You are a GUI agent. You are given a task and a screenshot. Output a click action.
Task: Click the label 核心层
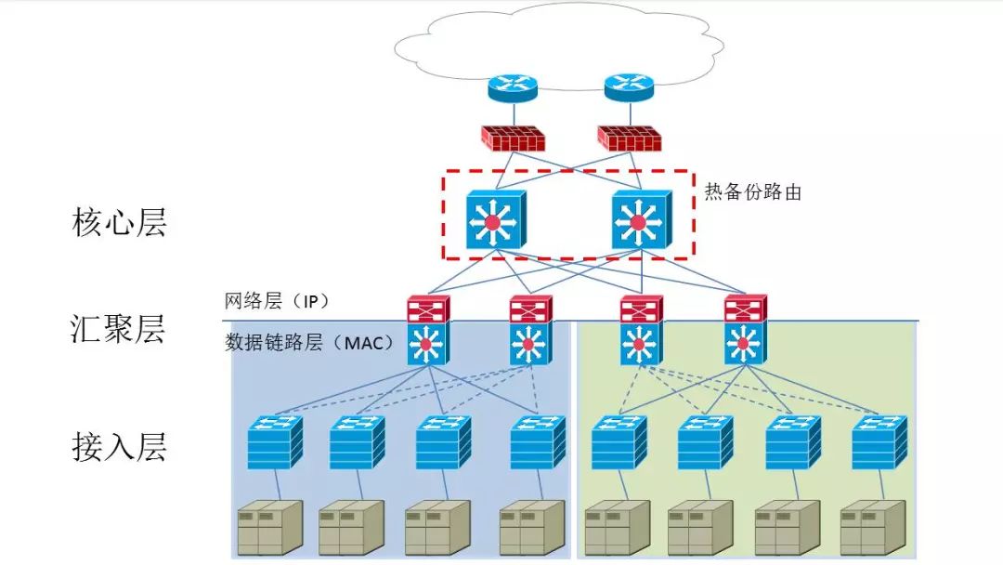tap(119, 223)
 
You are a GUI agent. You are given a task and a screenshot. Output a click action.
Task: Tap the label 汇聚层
tap(119, 329)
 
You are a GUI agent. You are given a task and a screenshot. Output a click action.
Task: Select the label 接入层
tap(119, 447)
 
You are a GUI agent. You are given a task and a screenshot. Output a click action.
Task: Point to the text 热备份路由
tap(752, 193)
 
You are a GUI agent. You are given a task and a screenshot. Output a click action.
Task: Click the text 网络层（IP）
tap(277, 302)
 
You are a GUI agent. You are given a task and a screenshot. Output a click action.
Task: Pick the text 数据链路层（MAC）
tap(309, 343)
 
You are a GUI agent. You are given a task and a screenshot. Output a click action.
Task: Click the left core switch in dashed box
tap(496, 221)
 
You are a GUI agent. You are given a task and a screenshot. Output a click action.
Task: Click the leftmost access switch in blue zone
tap(276, 441)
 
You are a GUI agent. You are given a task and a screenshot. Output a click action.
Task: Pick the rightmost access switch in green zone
tap(879, 441)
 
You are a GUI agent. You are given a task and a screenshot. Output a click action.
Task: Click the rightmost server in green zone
tap(871, 527)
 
